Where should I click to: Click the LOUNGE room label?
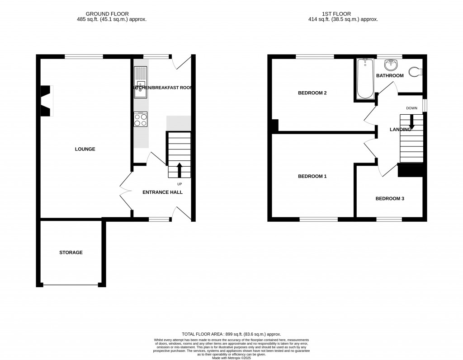pyautogui.click(x=85, y=149)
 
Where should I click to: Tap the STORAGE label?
pyautogui.click(x=71, y=252)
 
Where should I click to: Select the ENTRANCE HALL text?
pyautogui.click(x=162, y=192)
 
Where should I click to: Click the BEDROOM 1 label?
pyautogui.click(x=312, y=176)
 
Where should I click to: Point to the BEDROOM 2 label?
pyautogui.click(x=312, y=93)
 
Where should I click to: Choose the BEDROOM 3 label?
pyautogui.click(x=390, y=198)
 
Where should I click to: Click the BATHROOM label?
pyautogui.click(x=390, y=75)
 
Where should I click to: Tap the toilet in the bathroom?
pyautogui.click(x=415, y=71)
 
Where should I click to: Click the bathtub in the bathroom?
pyautogui.click(x=363, y=79)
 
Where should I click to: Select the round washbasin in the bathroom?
pyautogui.click(x=389, y=64)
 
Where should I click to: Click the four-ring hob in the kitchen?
pyautogui.click(x=141, y=120)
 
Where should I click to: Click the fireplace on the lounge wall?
pyautogui.click(x=46, y=101)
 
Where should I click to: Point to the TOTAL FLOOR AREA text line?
pyautogui.click(x=231, y=332)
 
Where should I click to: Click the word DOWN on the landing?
pyautogui.click(x=411, y=108)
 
